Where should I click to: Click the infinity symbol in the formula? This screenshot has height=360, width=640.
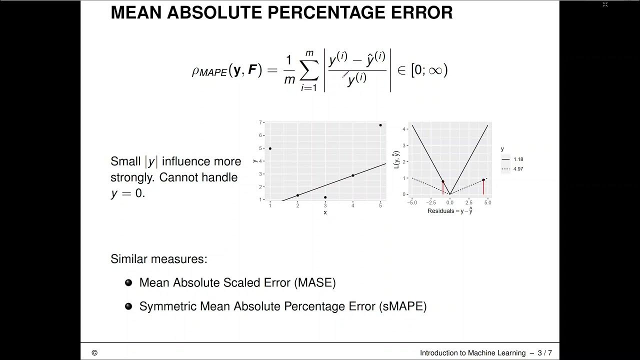pyautogui.click(x=435, y=70)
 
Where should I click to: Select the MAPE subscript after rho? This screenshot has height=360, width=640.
pyautogui.click(x=213, y=73)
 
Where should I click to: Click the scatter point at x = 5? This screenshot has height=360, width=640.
pyautogui.click(x=380, y=125)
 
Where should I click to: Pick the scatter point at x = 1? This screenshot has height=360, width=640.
pyautogui.click(x=270, y=148)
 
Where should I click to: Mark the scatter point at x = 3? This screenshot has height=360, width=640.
pyautogui.click(x=325, y=197)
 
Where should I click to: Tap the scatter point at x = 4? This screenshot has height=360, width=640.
pyautogui.click(x=353, y=175)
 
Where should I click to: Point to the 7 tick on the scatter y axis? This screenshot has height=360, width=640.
pyautogui.click(x=260, y=122)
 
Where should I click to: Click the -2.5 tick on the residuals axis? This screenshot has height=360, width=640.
pyautogui.click(x=431, y=202)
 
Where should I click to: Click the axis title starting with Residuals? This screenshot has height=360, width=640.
pyautogui.click(x=450, y=211)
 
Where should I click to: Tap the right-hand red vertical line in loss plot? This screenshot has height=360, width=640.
pyautogui.click(x=483, y=187)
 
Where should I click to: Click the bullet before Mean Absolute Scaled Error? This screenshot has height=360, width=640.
pyautogui.click(x=128, y=282)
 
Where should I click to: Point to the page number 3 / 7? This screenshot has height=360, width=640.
pyautogui.click(x=544, y=353)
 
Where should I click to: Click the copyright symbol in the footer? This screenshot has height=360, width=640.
pyautogui.click(x=94, y=353)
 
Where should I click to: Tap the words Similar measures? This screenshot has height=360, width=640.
pyautogui.click(x=158, y=259)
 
